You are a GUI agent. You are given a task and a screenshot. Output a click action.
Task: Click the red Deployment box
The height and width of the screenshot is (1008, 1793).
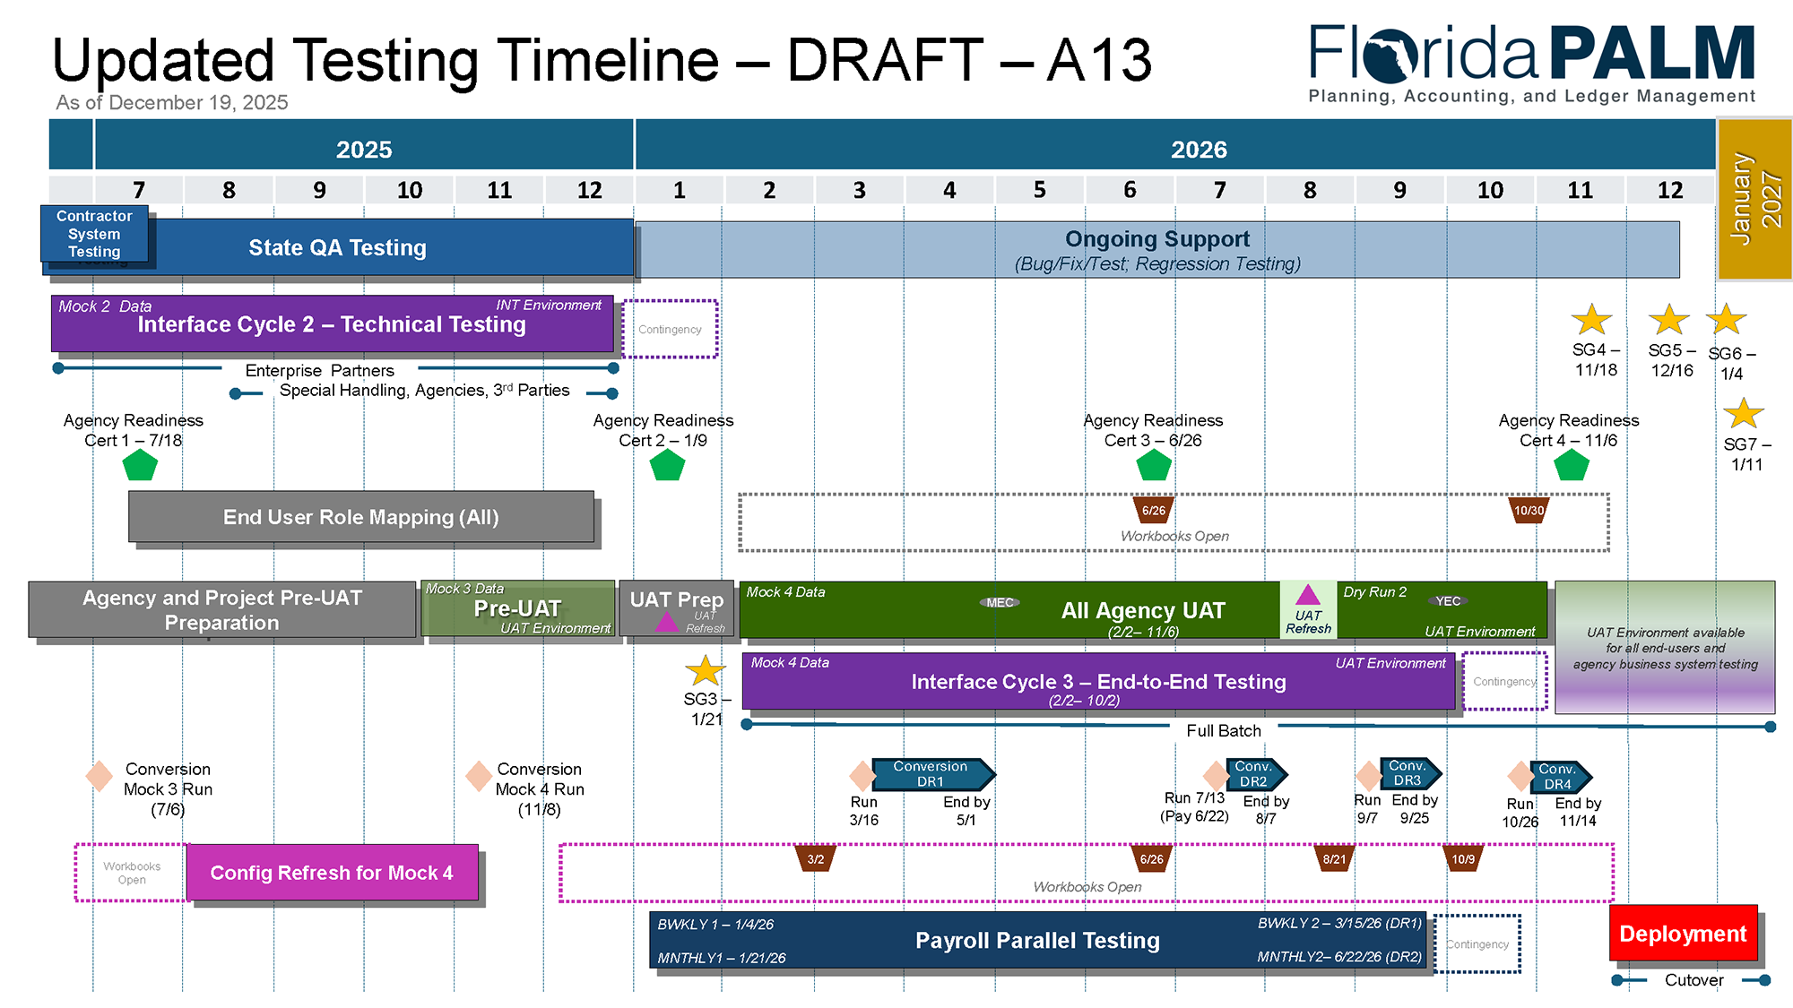(x=1683, y=933)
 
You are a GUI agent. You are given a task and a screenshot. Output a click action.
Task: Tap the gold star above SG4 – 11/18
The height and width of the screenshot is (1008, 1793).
(x=1591, y=320)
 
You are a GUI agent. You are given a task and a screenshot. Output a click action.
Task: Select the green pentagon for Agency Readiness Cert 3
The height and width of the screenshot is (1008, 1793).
(x=1154, y=465)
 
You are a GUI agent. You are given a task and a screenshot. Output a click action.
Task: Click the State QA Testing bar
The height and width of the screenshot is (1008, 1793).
(x=337, y=247)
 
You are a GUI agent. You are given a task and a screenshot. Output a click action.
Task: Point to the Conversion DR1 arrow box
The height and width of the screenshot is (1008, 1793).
(x=931, y=774)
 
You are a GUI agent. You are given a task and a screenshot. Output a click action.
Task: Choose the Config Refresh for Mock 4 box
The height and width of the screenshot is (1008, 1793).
(x=332, y=872)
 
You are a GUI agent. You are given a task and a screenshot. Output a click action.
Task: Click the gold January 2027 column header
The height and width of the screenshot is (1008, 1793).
(x=1754, y=199)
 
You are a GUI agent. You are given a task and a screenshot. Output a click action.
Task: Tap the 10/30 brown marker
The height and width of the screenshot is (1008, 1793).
(x=1529, y=511)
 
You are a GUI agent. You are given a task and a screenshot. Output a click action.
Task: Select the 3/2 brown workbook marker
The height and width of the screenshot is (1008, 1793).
(x=815, y=859)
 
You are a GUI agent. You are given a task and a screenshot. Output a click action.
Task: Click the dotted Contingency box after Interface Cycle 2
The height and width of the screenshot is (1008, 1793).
(x=670, y=329)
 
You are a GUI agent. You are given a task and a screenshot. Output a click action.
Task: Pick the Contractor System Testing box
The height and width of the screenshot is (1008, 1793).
(x=94, y=233)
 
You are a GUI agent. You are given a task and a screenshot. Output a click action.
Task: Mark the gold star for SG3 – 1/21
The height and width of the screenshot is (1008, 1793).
(x=705, y=670)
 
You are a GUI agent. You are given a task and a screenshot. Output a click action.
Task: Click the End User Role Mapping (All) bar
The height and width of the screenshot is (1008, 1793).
(x=360, y=517)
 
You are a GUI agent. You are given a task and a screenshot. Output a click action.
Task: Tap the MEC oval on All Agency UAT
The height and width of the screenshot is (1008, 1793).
(x=1000, y=602)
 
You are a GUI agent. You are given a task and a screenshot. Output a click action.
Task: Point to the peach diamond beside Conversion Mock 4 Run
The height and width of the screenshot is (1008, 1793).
(x=479, y=775)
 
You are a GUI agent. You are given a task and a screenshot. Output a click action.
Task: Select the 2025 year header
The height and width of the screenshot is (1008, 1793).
(x=364, y=149)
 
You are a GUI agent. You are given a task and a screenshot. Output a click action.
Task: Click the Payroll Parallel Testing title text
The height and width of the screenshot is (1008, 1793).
(x=1037, y=940)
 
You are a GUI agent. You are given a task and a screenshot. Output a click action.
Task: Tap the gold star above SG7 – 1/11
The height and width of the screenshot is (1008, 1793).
(x=1743, y=414)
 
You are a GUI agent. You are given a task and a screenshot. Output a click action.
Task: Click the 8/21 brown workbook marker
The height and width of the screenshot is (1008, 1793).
(x=1334, y=859)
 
